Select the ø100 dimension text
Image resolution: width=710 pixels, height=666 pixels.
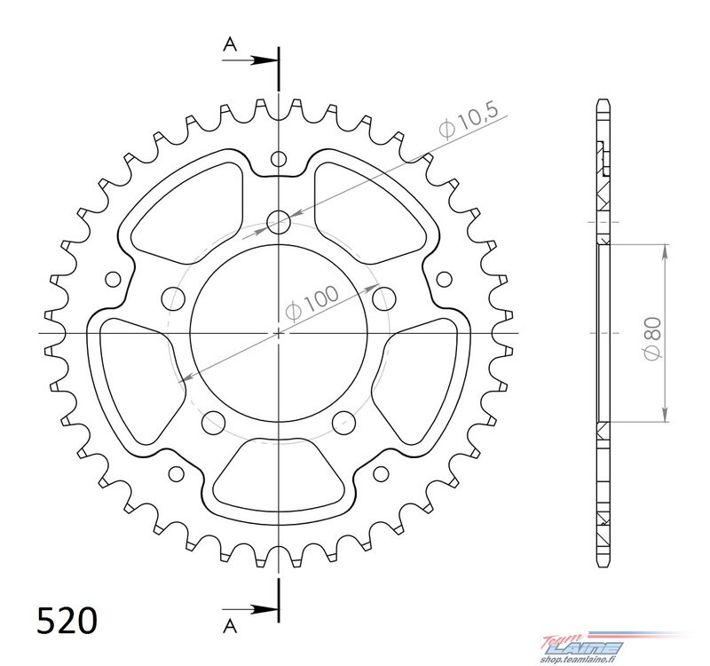coord(312,303)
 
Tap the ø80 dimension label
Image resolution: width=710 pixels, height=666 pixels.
coord(652,339)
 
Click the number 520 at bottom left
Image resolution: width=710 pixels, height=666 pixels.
coord(67,621)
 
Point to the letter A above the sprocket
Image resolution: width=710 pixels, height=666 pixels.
coord(231,44)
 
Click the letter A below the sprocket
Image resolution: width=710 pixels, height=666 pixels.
coord(230,626)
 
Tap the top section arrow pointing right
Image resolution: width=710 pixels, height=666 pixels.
coord(249,59)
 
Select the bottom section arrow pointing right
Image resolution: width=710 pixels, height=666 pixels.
coord(249,609)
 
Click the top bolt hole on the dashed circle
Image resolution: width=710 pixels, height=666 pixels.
coord(279,221)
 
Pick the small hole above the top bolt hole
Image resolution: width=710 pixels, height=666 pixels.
coord(279,159)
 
